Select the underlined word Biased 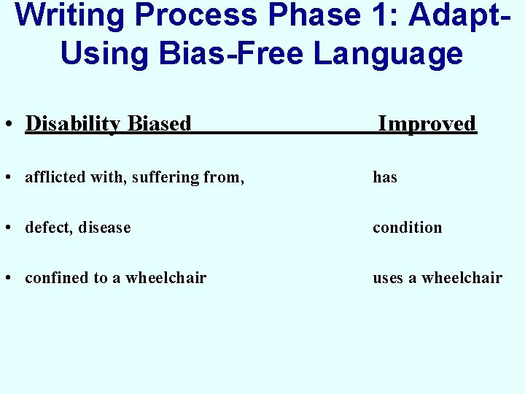159,124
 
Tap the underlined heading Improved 427,124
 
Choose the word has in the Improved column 385,177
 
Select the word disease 104,228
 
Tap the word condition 407,228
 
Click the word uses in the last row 387,278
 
